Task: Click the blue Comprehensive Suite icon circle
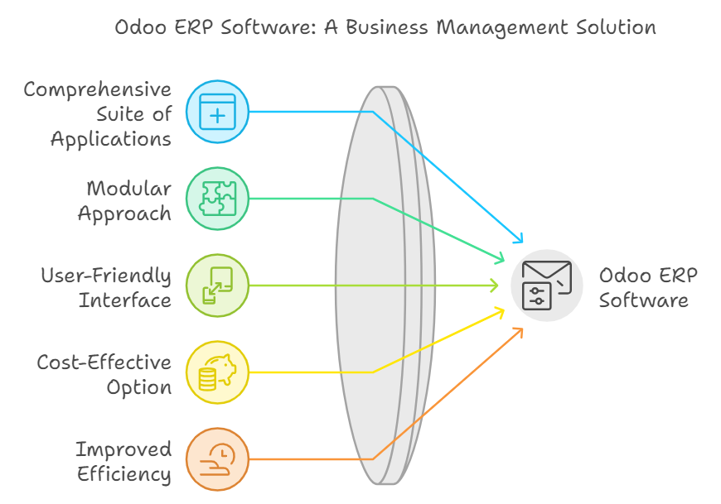click(x=217, y=112)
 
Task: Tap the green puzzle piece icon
click(x=217, y=199)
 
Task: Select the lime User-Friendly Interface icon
click(x=217, y=286)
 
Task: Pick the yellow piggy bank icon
click(x=217, y=372)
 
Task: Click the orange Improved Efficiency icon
click(x=217, y=458)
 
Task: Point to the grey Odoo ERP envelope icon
click(x=546, y=286)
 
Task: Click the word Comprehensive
click(x=98, y=89)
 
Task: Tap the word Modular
click(x=128, y=188)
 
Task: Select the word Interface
click(x=125, y=299)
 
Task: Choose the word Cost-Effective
click(x=104, y=362)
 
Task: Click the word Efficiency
click(x=124, y=473)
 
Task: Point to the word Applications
click(x=111, y=138)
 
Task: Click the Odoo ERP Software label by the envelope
click(x=643, y=286)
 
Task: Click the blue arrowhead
click(x=519, y=239)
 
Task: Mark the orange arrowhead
click(x=519, y=331)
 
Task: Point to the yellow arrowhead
click(x=501, y=311)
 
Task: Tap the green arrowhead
click(x=500, y=259)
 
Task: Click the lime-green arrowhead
click(x=495, y=286)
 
